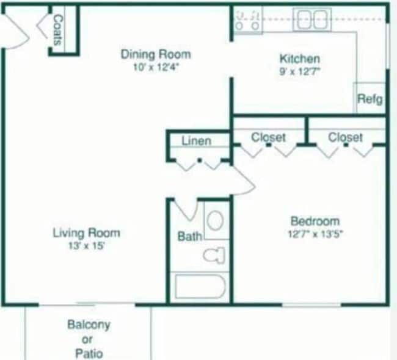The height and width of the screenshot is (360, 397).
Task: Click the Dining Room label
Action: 155,54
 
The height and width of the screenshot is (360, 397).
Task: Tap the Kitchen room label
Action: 299,59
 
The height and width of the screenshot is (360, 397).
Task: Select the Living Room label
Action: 86,232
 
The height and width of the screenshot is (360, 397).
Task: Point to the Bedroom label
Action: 315,221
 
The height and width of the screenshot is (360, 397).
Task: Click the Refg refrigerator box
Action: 370,98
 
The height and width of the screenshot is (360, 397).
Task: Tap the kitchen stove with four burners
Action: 248,20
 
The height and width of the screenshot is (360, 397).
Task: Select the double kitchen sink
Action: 312,19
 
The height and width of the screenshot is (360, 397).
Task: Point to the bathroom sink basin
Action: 214,220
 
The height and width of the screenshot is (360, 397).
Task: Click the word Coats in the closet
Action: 58,31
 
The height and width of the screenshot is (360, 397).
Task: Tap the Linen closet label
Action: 196,141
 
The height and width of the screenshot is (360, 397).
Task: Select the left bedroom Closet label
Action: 268,137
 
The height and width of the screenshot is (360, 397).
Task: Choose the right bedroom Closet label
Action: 345,137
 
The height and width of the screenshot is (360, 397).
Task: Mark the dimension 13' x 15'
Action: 86,246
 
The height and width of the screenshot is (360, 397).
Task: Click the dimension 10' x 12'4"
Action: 155,67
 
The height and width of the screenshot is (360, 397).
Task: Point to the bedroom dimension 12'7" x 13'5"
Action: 315,234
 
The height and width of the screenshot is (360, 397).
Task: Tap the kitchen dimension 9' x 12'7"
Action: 299,71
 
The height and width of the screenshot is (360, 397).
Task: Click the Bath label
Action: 189,236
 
